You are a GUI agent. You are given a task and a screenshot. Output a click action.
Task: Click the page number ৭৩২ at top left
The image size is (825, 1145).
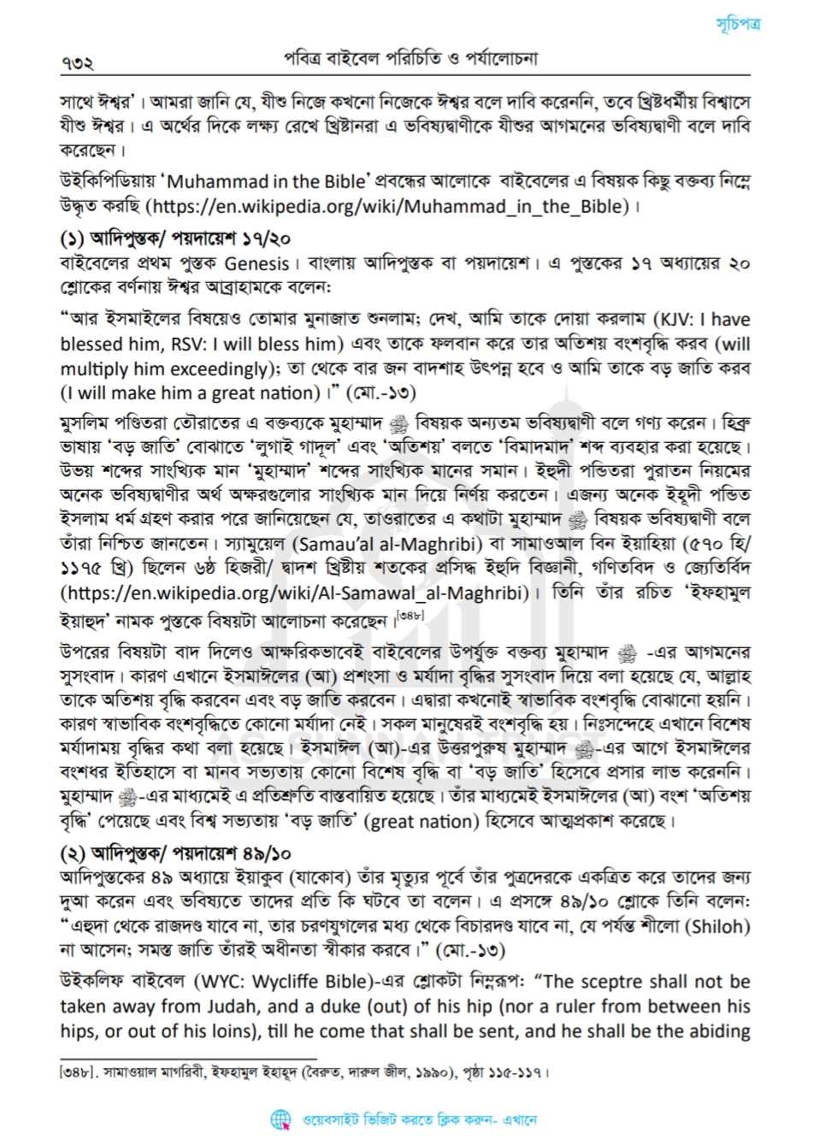pos(76,62)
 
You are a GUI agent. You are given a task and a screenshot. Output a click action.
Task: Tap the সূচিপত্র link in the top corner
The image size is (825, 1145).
pos(738,24)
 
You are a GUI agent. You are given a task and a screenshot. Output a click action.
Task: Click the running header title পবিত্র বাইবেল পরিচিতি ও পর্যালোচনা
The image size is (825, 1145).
pos(410,59)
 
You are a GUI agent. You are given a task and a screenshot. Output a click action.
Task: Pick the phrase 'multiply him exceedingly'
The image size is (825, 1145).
pos(163,369)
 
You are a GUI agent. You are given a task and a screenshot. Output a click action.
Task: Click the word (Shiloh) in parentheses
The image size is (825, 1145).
pos(719,926)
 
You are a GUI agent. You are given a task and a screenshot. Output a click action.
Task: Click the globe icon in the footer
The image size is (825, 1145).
pos(280,1118)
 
